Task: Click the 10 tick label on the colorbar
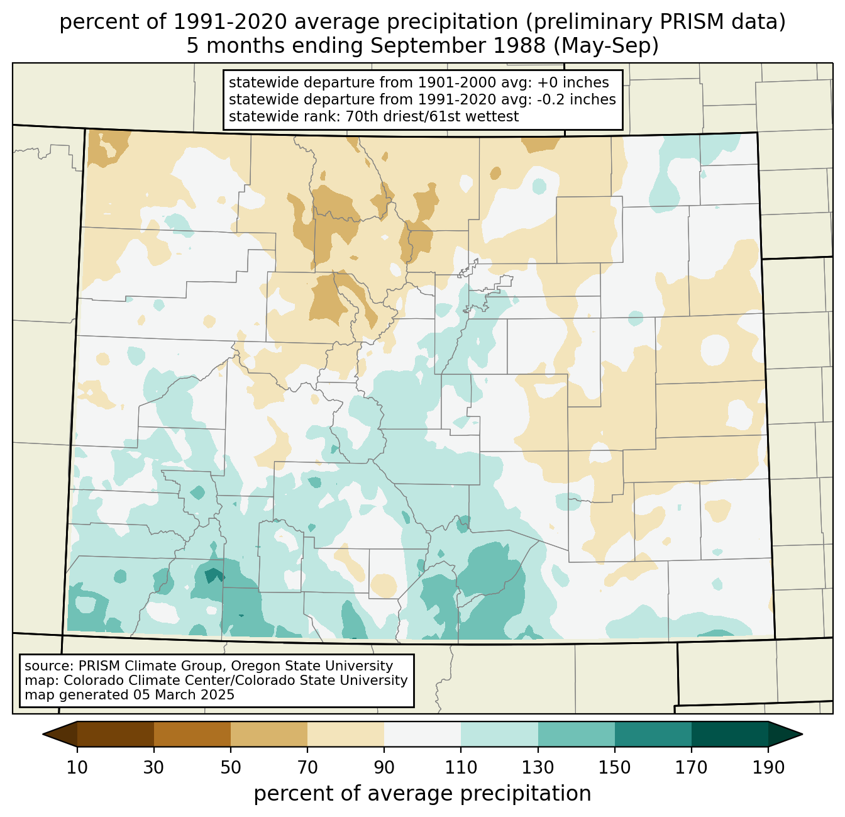(x=77, y=767)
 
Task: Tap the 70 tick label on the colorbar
(x=307, y=767)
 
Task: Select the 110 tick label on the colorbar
(x=461, y=767)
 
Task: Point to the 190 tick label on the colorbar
(x=768, y=767)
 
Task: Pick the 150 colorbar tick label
(x=614, y=767)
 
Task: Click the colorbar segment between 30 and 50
(x=192, y=734)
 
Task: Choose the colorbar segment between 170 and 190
(x=729, y=734)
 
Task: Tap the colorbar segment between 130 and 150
(x=576, y=734)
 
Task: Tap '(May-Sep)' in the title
(x=606, y=46)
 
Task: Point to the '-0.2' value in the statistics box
(x=551, y=99)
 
